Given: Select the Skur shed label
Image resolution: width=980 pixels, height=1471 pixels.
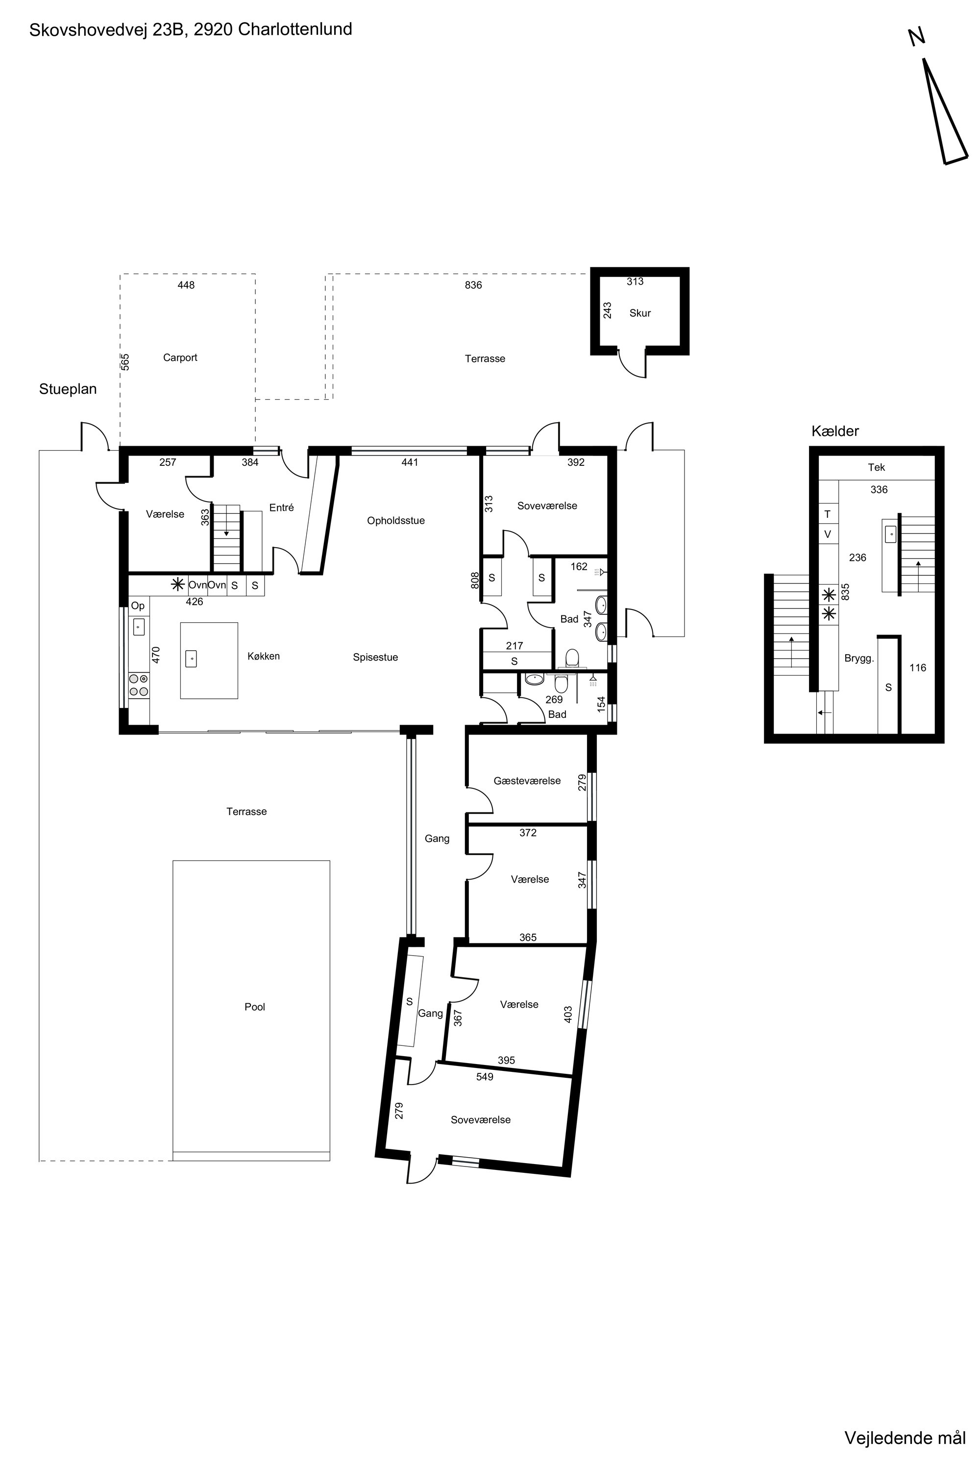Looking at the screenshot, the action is click(x=640, y=313).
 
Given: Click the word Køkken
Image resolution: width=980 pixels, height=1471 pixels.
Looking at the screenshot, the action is click(x=264, y=656).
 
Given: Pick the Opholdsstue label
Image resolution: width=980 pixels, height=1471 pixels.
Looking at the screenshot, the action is click(x=395, y=520).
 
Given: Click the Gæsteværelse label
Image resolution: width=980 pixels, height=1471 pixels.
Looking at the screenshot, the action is click(x=527, y=781).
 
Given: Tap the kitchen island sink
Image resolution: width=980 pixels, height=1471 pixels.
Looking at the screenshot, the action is click(x=191, y=659).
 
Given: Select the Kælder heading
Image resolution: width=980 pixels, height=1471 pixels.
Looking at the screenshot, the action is click(x=835, y=431).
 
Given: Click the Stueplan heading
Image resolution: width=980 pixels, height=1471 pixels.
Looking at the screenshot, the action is click(x=68, y=389).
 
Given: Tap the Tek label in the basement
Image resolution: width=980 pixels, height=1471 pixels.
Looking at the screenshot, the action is click(x=876, y=467).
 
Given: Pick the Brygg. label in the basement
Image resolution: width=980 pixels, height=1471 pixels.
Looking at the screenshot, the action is click(x=859, y=659).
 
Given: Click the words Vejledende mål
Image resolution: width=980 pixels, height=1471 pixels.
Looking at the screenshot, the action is click(x=905, y=1438).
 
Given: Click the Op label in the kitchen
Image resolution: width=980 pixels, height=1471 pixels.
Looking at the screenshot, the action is click(x=138, y=606).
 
